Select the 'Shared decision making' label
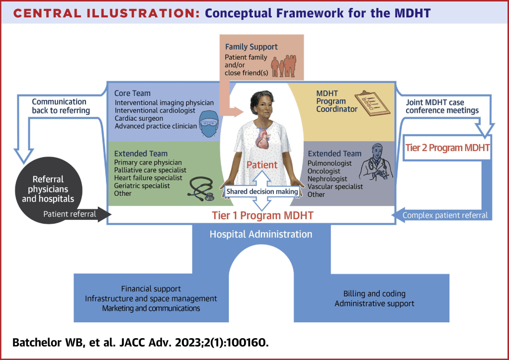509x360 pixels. coord(262,191)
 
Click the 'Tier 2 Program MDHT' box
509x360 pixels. coord(447,148)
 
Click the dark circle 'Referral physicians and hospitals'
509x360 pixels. coord(48,189)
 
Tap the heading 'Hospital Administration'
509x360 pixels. coord(260,234)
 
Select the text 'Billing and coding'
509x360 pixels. coord(374,293)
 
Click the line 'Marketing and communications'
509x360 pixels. coord(151,308)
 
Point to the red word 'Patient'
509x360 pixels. coord(263,165)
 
